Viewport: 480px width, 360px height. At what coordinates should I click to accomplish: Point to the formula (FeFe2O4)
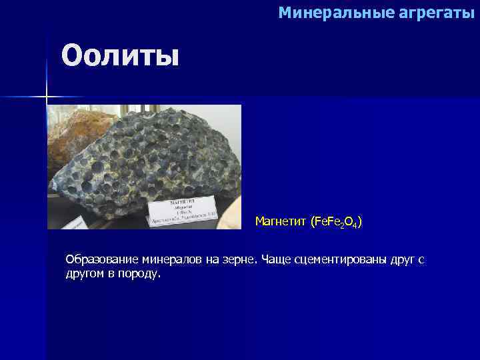pyautogui.click(x=335, y=221)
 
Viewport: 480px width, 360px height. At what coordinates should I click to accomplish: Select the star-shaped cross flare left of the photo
pyautogui.click(x=46, y=97)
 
